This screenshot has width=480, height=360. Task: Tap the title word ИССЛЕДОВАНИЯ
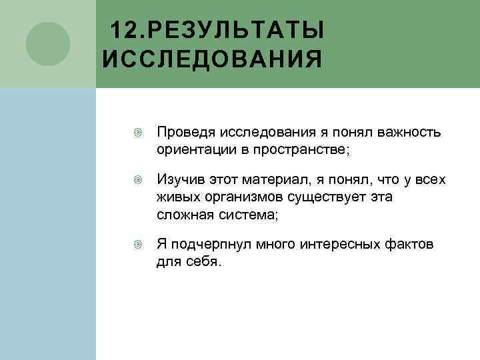click(x=212, y=59)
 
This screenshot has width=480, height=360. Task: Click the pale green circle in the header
click(x=48, y=44)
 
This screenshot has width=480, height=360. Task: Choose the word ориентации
click(x=194, y=148)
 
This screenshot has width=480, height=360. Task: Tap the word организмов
click(x=240, y=197)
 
